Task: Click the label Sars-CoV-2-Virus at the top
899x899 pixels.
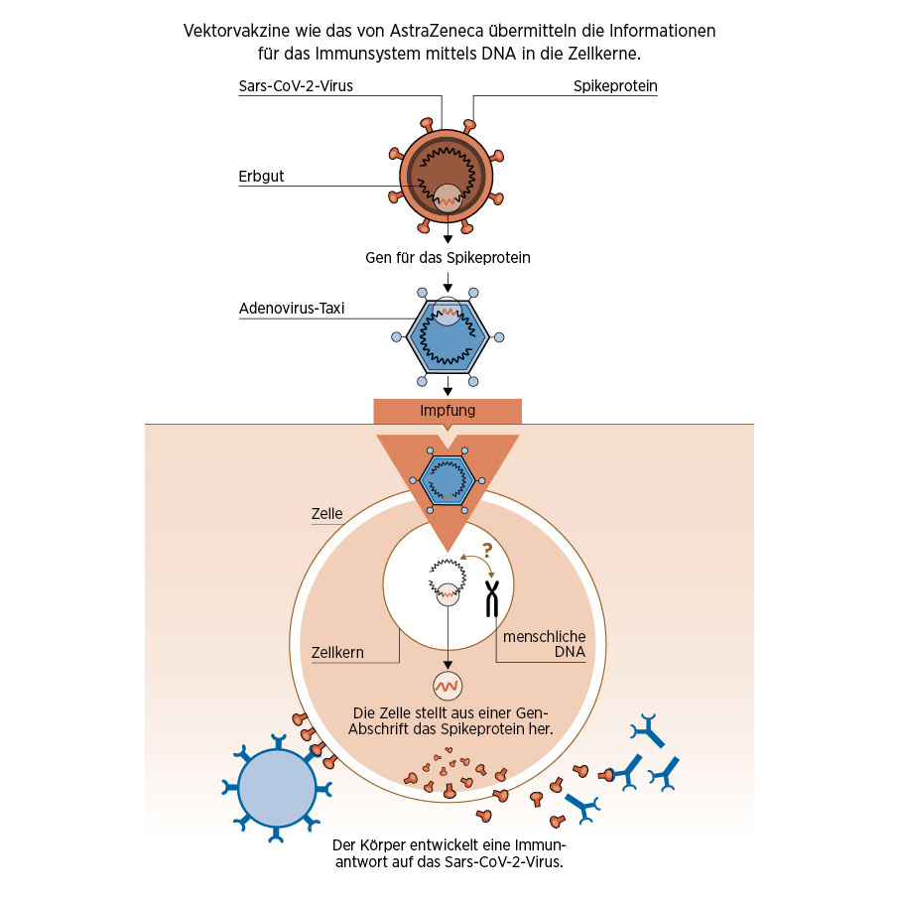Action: point(296,86)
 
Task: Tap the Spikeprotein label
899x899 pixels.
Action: point(615,86)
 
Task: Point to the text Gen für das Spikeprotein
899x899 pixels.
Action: point(448,258)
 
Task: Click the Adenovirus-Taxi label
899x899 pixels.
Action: point(292,308)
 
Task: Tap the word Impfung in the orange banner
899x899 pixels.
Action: point(448,410)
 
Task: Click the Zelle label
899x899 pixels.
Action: point(326,514)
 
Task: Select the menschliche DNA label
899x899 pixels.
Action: point(545,644)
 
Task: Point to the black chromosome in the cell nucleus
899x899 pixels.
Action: point(491,598)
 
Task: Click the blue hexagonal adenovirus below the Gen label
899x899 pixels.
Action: point(448,334)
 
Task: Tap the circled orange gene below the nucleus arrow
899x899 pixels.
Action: point(448,685)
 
